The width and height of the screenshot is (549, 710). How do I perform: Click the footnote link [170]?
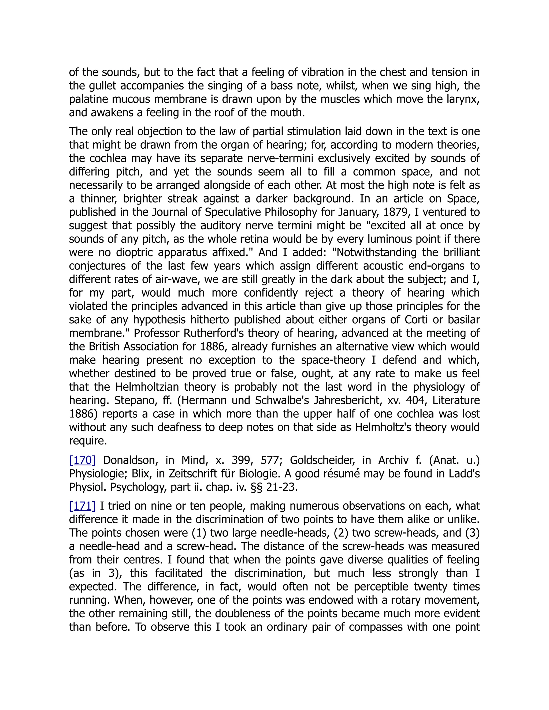pos(82,460)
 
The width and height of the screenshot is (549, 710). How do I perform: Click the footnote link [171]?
pos(82,506)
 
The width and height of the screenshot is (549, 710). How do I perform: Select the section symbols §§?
pos(257,487)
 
